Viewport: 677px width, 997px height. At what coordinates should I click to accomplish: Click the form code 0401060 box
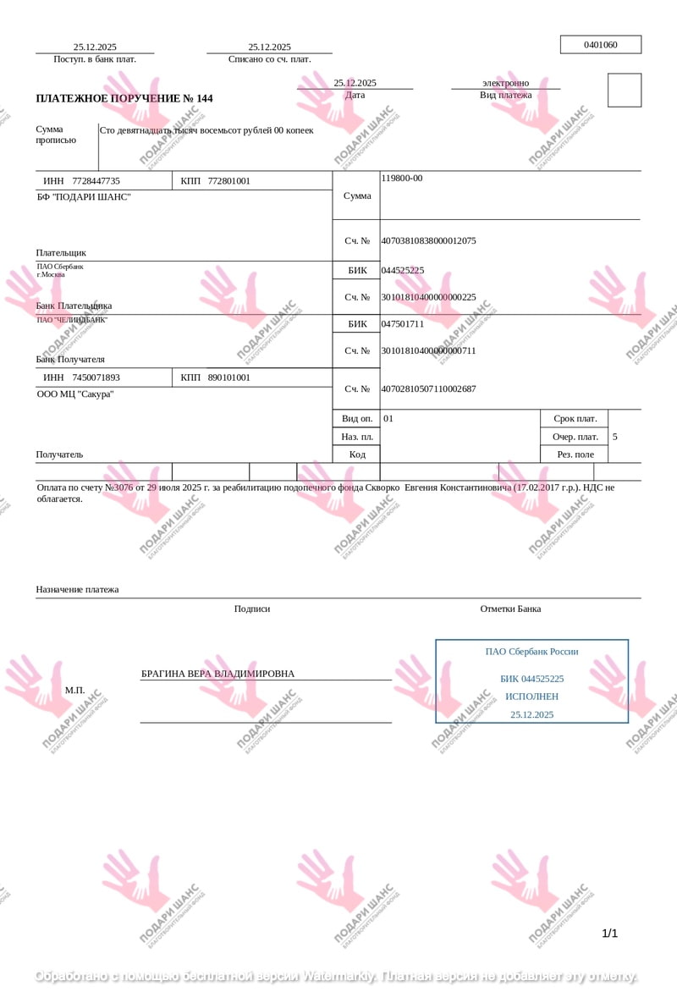(601, 45)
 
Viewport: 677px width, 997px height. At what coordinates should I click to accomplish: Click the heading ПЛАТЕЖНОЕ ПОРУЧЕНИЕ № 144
(124, 99)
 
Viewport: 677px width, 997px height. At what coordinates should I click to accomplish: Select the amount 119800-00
(402, 179)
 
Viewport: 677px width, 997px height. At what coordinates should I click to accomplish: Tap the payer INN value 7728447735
(96, 181)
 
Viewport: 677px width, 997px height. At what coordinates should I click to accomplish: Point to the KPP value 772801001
(229, 181)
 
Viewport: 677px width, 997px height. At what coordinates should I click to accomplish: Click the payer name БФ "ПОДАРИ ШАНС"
(84, 197)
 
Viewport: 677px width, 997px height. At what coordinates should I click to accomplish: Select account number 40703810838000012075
(428, 241)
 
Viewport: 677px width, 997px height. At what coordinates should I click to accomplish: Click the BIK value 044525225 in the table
(403, 271)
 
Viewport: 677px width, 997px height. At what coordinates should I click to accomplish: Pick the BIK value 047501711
(403, 324)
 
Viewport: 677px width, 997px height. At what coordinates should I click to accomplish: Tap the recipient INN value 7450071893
(96, 377)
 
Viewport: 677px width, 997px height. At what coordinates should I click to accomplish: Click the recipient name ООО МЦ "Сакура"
(75, 394)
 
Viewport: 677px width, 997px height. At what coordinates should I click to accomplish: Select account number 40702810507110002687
(428, 389)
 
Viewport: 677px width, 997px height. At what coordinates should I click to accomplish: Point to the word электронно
(505, 83)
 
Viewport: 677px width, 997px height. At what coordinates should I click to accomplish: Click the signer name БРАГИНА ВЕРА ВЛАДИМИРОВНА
(217, 674)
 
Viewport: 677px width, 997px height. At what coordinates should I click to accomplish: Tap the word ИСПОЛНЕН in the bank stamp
(531, 697)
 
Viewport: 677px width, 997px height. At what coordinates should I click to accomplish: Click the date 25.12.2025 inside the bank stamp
(531, 714)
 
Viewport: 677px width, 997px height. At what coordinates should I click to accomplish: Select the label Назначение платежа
(77, 590)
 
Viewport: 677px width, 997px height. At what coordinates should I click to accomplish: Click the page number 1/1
(609, 934)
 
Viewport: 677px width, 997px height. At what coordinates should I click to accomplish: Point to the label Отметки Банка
(510, 609)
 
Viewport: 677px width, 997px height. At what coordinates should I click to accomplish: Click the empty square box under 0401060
(625, 91)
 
